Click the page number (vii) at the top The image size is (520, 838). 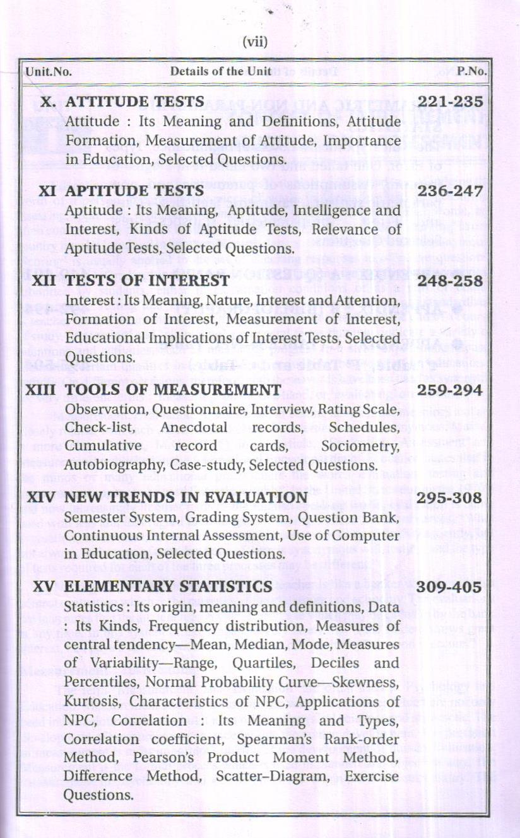coord(256,43)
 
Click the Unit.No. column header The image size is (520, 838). coord(48,71)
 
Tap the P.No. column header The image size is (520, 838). coord(473,71)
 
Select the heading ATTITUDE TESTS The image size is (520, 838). coord(135,102)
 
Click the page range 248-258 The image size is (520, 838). coord(450,281)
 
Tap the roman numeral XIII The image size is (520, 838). coord(42,390)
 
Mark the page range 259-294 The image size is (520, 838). coord(450,390)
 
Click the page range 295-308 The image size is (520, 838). coord(450,498)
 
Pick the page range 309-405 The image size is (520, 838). coord(450,586)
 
